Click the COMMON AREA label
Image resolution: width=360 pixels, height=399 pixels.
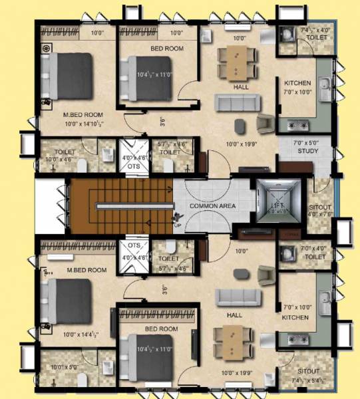[212, 206]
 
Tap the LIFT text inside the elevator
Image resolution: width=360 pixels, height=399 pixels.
[277, 206]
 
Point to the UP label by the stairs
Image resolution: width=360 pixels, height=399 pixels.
[177, 224]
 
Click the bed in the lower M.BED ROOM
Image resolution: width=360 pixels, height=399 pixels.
[67, 299]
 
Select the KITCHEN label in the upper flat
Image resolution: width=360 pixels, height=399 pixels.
[297, 82]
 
